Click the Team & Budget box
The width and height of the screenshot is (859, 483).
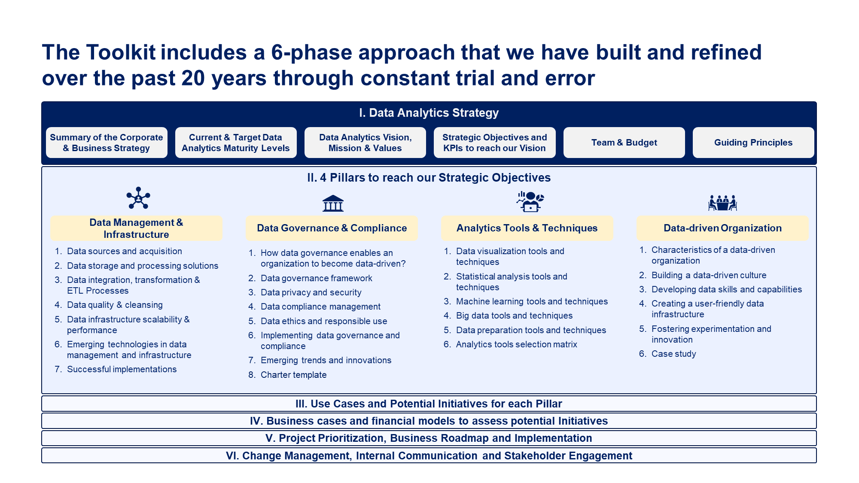(x=624, y=143)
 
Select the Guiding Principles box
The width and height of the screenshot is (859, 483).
(x=753, y=143)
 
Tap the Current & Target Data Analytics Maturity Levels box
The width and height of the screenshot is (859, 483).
(x=235, y=143)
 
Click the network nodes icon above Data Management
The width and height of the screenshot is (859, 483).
(x=138, y=198)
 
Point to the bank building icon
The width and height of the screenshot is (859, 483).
(x=333, y=203)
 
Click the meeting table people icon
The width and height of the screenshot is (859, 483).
(x=722, y=203)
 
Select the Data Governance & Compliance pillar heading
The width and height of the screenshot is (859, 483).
(x=332, y=228)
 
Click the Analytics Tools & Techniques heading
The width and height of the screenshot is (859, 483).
(x=527, y=228)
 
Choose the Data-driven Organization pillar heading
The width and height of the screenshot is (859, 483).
(x=722, y=228)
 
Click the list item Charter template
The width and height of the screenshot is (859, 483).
(x=293, y=375)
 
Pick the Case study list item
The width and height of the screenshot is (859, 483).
(x=673, y=354)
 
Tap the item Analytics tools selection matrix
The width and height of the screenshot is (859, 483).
(x=516, y=344)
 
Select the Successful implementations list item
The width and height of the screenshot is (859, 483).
(x=122, y=369)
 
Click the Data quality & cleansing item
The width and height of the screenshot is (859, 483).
(x=115, y=305)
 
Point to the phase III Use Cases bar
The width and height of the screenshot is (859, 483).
(x=429, y=404)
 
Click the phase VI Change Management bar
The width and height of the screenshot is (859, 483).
(x=429, y=456)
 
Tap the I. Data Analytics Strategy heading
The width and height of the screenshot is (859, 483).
(x=429, y=113)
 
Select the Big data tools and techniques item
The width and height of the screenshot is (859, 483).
(x=514, y=316)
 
